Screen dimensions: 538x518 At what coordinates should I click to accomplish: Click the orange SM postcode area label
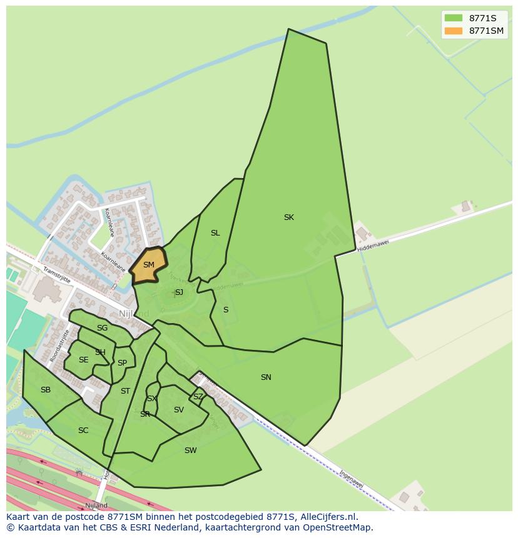[148, 265]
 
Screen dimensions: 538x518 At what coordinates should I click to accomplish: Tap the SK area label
[288, 217]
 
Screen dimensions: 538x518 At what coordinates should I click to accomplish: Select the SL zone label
[215, 233]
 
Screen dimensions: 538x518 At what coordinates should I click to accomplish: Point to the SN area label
[266, 377]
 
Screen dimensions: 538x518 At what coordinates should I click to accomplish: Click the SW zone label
[191, 450]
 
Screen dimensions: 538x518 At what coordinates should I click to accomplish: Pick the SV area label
[179, 410]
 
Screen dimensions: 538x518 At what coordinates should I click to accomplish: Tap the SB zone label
[46, 390]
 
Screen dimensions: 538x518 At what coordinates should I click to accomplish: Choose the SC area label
[83, 431]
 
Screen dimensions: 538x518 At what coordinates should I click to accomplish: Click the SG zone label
[102, 328]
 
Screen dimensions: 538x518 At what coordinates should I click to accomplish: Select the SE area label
[83, 360]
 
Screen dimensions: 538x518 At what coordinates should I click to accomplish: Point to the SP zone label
[122, 363]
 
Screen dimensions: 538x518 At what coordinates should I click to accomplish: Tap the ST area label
[125, 391]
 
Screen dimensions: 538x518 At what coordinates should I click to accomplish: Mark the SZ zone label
[198, 397]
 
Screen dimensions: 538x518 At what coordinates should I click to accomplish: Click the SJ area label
[179, 292]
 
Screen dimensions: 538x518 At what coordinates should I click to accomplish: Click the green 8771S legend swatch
[454, 17]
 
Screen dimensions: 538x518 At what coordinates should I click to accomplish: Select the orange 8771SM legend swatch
[454, 31]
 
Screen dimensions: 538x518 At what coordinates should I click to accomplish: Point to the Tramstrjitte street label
[57, 275]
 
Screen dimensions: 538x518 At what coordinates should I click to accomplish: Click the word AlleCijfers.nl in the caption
[328, 517]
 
